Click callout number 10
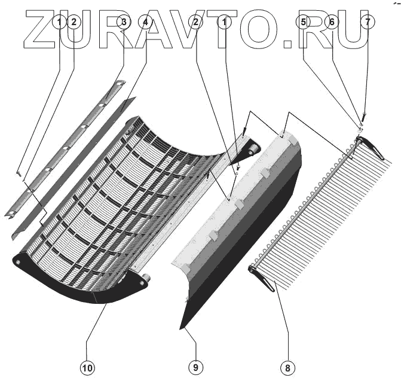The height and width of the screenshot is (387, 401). click(87, 368)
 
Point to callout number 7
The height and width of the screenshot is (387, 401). click(367, 22)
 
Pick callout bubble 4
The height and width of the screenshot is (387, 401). click(145, 22)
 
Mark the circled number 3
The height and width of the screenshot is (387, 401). click(123, 22)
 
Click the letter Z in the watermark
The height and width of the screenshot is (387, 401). click(42, 30)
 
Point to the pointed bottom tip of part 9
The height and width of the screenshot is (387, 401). click(181, 328)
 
